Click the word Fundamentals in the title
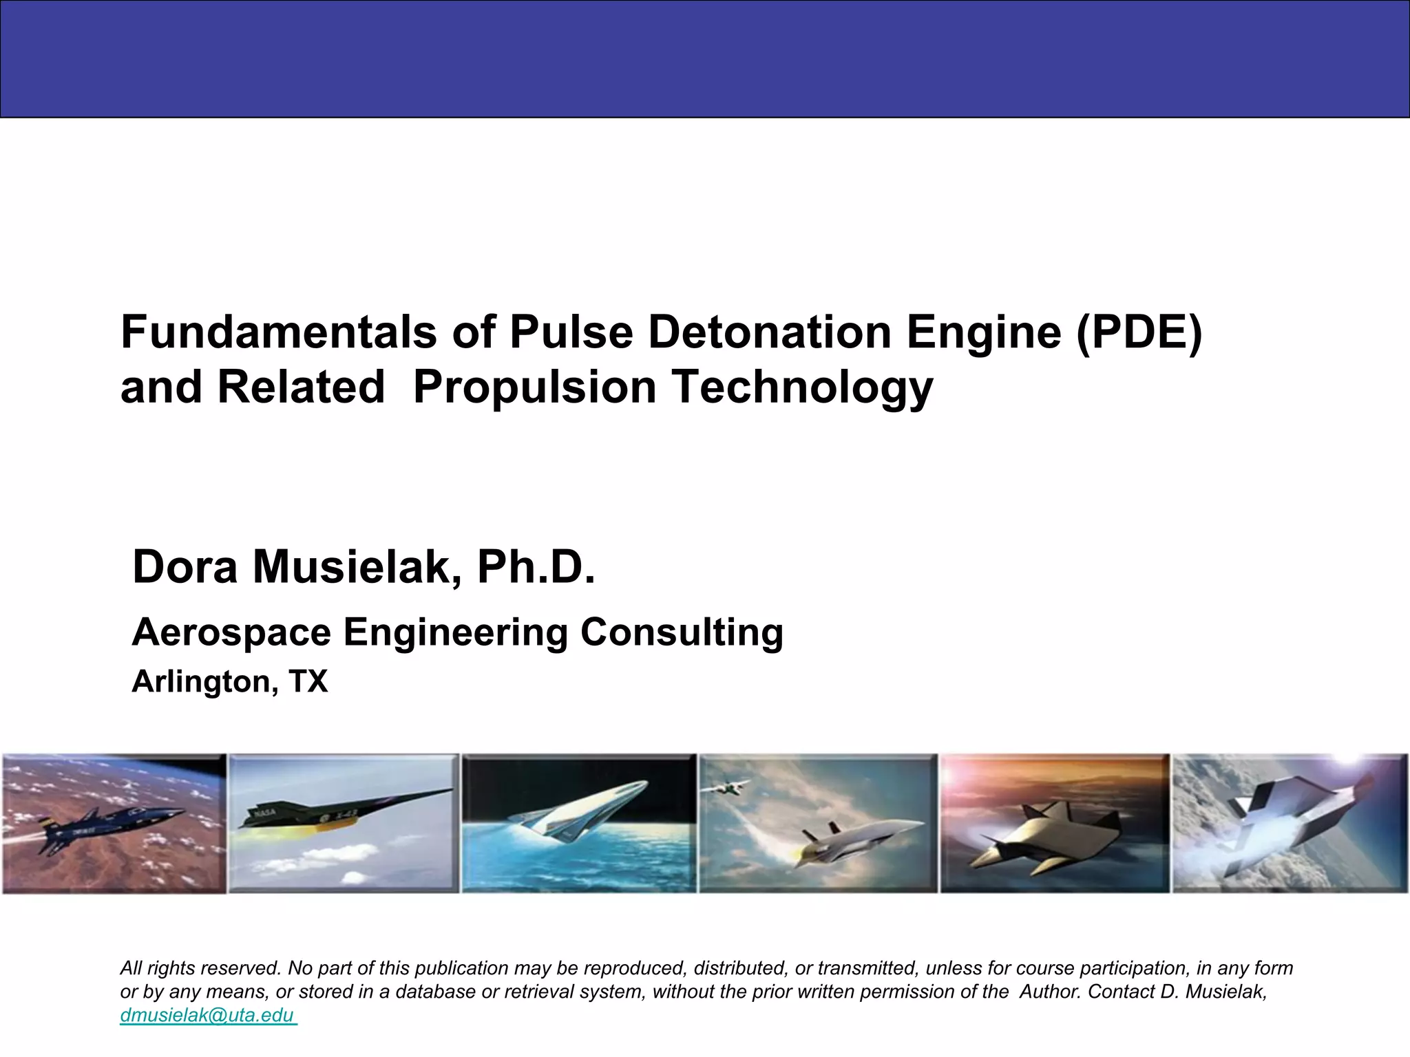pyautogui.click(x=279, y=332)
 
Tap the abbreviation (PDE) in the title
pyautogui.click(x=1139, y=332)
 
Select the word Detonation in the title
pyautogui.click(x=770, y=332)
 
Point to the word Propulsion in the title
pyautogui.click(x=535, y=387)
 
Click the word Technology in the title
pyautogui.click(x=802, y=387)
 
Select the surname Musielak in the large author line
pyautogui.click(x=350, y=567)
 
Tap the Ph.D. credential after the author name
pyautogui.click(x=536, y=567)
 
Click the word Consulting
pyautogui.click(x=682, y=632)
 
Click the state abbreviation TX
pyautogui.click(x=308, y=681)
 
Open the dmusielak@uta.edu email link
pyautogui.click(x=208, y=1015)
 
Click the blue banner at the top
pyautogui.click(x=705, y=59)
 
